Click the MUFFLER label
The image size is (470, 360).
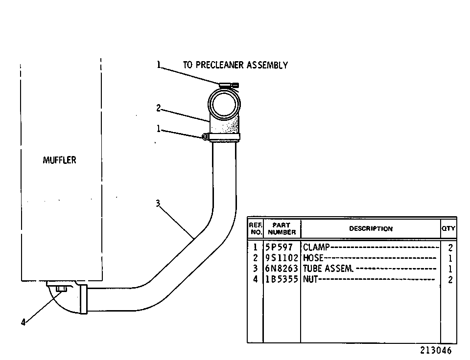pos(59,160)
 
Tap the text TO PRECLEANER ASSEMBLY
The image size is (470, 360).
pos(235,65)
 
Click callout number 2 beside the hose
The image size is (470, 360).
pos(159,108)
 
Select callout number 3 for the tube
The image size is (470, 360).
pos(158,203)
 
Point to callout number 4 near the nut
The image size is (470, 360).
pos(23,322)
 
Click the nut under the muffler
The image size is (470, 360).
pos(62,289)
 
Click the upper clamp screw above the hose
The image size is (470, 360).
pos(229,86)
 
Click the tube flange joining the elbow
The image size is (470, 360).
pos(84,299)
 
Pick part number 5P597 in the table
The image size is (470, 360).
pos(279,247)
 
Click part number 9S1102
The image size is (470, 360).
pos(282,258)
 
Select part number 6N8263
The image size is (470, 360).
pos(282,269)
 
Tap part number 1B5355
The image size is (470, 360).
pos(282,279)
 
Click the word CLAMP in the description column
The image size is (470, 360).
pos(316,247)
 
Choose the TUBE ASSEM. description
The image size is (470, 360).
pos(328,269)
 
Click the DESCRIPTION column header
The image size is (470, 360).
pos(371,228)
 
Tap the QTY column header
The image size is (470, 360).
pos(448,228)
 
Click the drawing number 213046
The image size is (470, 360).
pos(436,350)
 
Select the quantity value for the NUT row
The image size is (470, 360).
pos(450,280)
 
